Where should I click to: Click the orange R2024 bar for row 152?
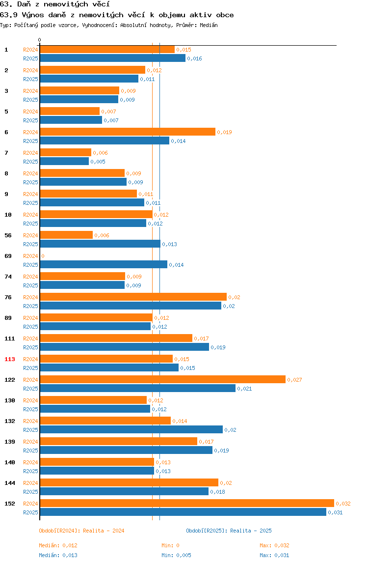coord(187,503)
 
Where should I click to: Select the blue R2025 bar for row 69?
coord(104,265)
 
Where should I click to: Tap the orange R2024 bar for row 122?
coord(163,379)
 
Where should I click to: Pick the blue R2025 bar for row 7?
coord(64,162)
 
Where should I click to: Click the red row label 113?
coord(10,359)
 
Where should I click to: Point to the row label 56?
coord(8,236)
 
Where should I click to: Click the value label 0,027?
coord(295,380)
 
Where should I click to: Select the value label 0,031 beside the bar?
coord(335,512)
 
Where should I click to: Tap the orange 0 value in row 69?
coord(43,256)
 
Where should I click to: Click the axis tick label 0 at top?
coord(40,40)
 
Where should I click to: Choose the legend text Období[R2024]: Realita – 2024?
coord(81,531)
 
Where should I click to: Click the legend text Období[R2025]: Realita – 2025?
coord(229,531)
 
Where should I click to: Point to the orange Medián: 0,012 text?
coord(58,546)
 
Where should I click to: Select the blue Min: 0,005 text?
coord(177,555)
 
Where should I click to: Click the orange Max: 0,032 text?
coord(275,546)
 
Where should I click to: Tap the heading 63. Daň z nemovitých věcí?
coord(55,4)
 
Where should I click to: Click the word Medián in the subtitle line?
coord(209,25)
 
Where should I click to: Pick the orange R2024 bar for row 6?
coord(128,132)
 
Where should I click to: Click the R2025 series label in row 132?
coord(30,430)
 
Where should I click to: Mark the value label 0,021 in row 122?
coord(245,389)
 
